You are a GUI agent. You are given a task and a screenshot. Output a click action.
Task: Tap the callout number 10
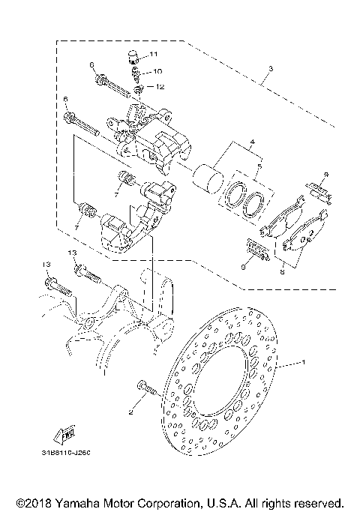[x=157, y=71]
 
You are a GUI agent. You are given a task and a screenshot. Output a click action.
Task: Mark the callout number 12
[x=160, y=87]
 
